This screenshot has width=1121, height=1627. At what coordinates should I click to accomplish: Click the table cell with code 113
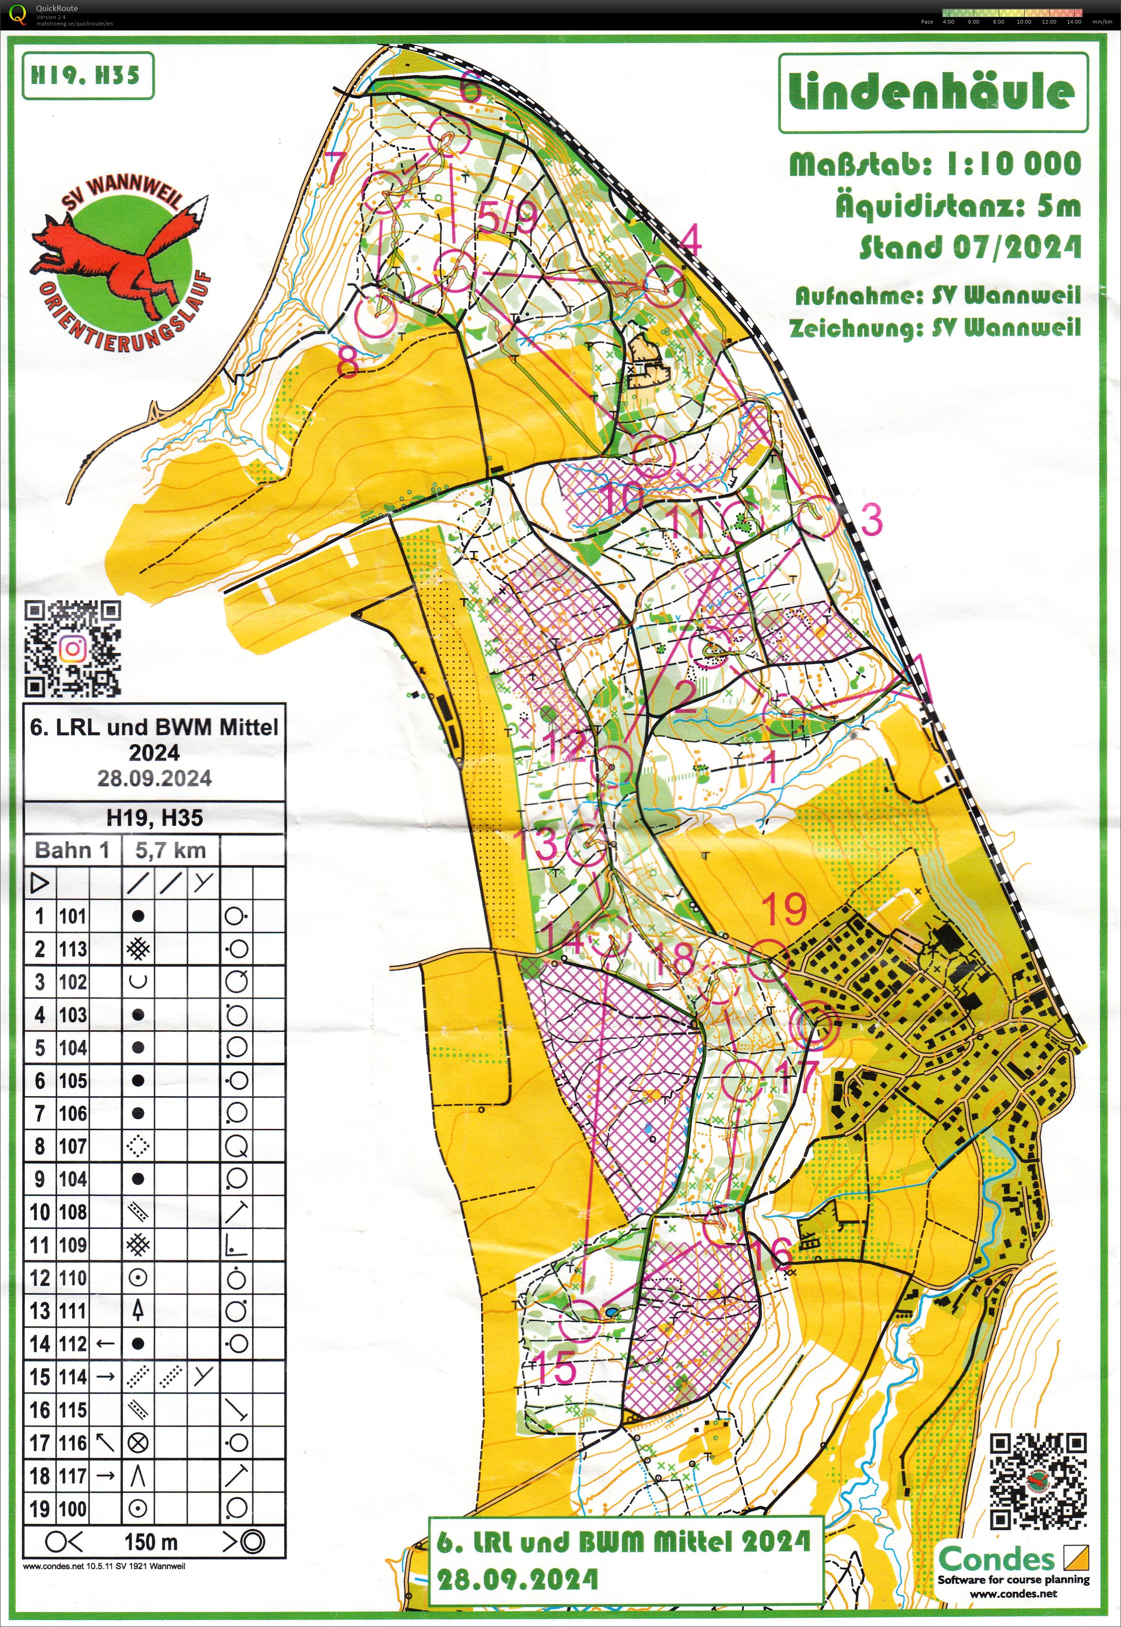coord(73,949)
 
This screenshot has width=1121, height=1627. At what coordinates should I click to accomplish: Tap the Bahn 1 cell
coord(72,851)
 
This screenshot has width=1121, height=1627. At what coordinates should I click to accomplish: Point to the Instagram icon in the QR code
coord(72,650)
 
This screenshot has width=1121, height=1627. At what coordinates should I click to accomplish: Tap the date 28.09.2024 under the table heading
coord(155,778)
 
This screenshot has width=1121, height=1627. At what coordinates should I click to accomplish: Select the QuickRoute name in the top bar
coord(57,8)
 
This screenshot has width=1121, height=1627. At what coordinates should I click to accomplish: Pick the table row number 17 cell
coord(39,1442)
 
